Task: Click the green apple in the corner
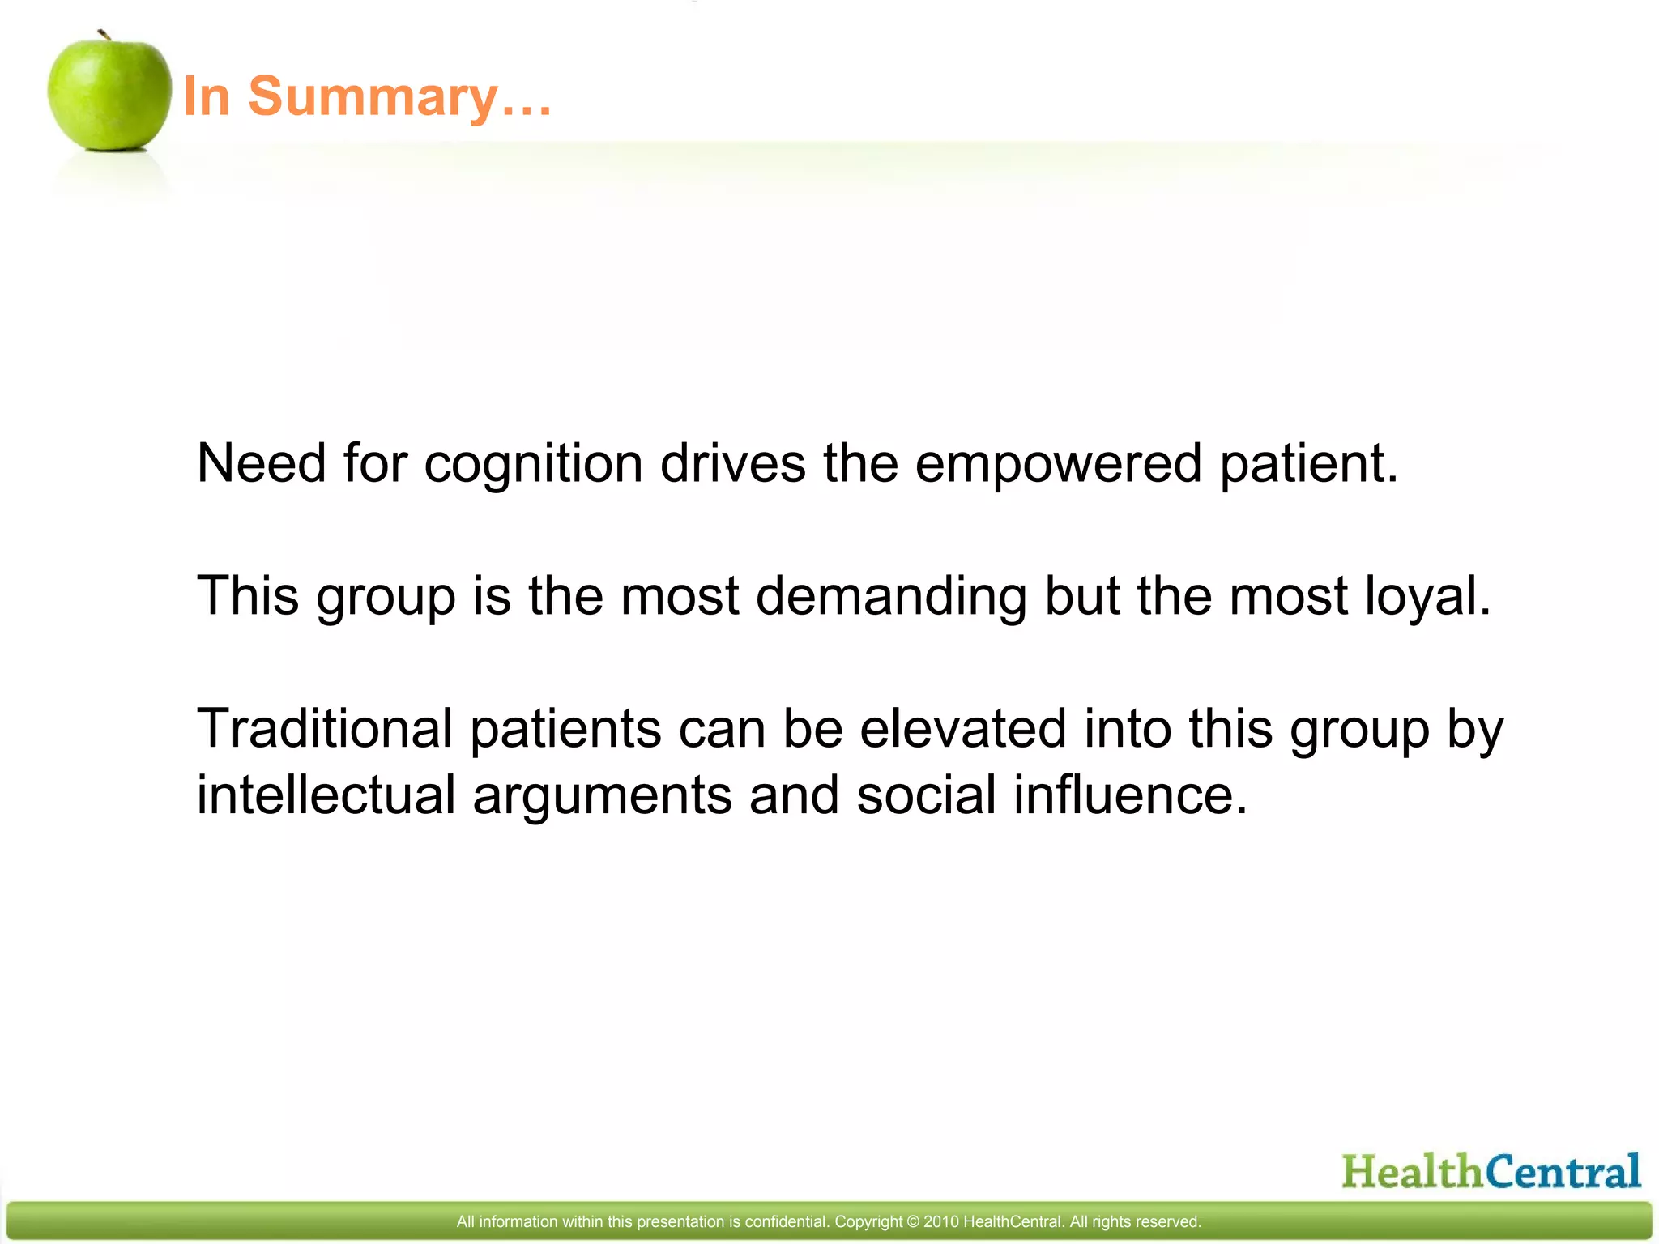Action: [109, 93]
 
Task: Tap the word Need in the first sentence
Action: [261, 463]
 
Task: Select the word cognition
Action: [533, 465]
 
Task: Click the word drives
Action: [732, 463]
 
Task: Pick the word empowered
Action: [1058, 465]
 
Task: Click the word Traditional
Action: [324, 728]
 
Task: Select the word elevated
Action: [962, 728]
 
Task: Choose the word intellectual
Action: [326, 795]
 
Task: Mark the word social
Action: [926, 795]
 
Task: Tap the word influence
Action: [1130, 795]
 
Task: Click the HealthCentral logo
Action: [1491, 1171]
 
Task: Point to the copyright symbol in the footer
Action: [913, 1221]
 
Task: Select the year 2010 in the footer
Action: [940, 1221]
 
